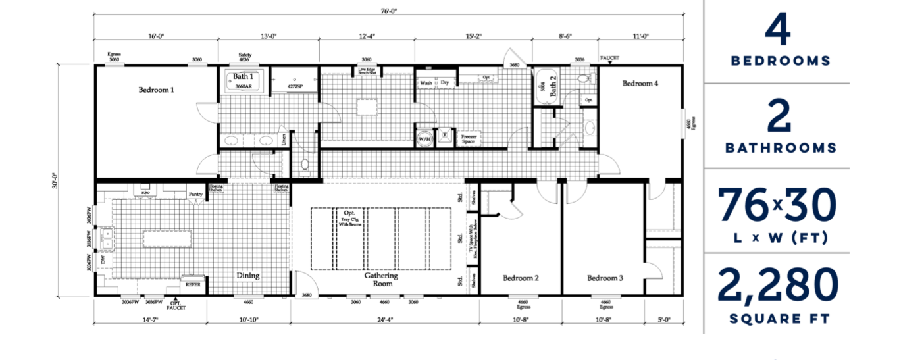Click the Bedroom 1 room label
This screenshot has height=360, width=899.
point(156,90)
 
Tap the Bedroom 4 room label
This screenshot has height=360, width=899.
point(640,84)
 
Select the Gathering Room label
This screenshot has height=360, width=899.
point(382,280)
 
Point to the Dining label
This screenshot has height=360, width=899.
point(247,276)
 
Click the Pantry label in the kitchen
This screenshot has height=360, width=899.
point(195,194)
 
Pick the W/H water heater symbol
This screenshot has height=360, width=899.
point(424,138)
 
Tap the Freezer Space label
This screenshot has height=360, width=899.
point(468,139)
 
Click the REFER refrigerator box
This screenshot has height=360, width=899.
point(193,285)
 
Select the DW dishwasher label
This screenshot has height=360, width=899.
point(103,260)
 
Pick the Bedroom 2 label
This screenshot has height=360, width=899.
point(521,278)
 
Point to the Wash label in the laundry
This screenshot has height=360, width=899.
point(426,83)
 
